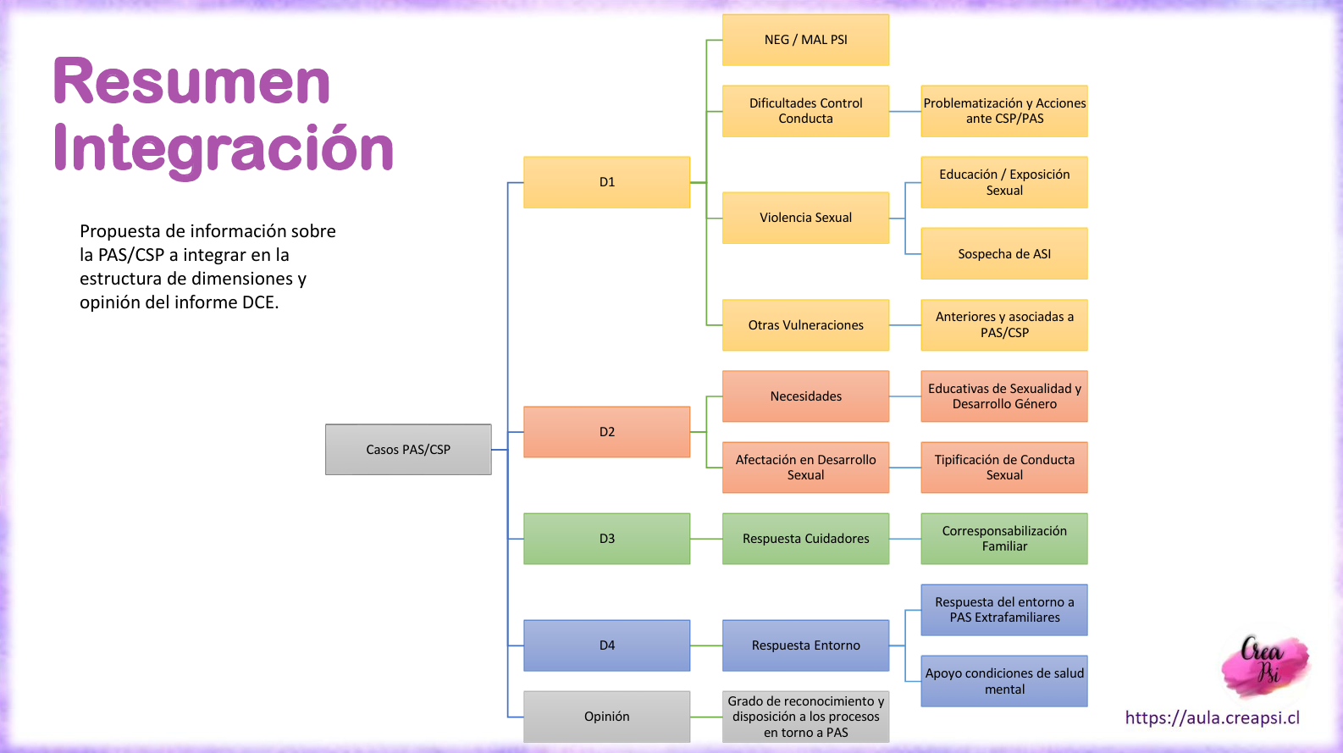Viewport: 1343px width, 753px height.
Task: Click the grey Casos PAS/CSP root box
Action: pyautogui.click(x=408, y=450)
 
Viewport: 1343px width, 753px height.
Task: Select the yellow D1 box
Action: pyautogui.click(x=607, y=182)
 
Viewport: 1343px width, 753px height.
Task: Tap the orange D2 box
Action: pyautogui.click(x=607, y=432)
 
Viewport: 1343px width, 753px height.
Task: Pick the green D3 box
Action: pyautogui.click(x=607, y=539)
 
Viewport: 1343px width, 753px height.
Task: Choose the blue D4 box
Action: pyautogui.click(x=607, y=645)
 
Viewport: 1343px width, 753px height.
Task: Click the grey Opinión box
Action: pyautogui.click(x=607, y=717)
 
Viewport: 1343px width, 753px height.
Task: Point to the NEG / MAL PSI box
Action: pyautogui.click(x=806, y=40)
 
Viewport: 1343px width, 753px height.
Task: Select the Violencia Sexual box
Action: pyautogui.click(x=806, y=218)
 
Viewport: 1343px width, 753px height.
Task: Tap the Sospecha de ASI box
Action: pyautogui.click(x=1004, y=253)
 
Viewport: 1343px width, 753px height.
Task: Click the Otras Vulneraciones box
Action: pyautogui.click(x=806, y=325)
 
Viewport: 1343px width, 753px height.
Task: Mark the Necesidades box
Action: pyautogui.click(x=806, y=396)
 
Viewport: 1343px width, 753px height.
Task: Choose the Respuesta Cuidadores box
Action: pyautogui.click(x=806, y=539)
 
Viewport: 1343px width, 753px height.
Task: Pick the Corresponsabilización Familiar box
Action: pyautogui.click(x=1004, y=539)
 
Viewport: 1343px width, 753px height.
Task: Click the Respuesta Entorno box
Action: pyautogui.click(x=806, y=645)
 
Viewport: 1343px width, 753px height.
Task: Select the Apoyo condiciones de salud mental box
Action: pyautogui.click(x=1004, y=681)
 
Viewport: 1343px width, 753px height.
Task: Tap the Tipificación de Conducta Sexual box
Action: pyautogui.click(x=1004, y=468)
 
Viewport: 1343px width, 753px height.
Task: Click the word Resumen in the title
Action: pyautogui.click(x=192, y=81)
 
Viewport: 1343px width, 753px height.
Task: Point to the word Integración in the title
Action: pyautogui.click(x=223, y=149)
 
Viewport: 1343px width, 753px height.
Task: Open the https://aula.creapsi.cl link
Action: pyautogui.click(x=1213, y=717)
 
